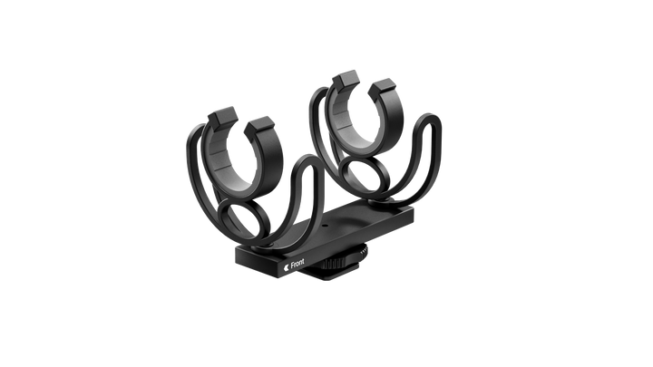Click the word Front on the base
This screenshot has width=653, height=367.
coord(297,263)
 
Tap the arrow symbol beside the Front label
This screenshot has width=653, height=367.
coord(286,267)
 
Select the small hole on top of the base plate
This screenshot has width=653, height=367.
coord(325,227)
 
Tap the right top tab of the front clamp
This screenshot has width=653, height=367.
coord(259,127)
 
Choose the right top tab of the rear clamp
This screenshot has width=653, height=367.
coord(381,87)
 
